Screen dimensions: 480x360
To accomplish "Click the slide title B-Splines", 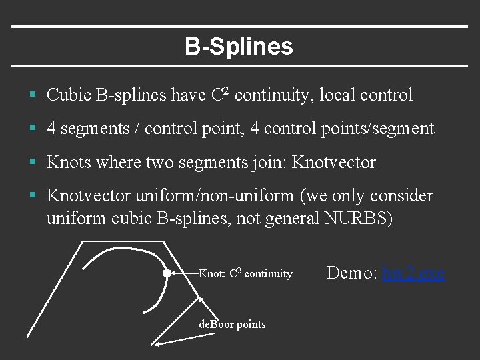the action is point(239,47).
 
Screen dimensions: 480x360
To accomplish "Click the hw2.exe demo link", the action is point(413,273).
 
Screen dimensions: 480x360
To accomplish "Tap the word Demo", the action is point(352,273).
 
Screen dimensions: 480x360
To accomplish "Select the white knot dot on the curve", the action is point(167,273).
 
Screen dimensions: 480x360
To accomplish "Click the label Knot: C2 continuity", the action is point(245,273).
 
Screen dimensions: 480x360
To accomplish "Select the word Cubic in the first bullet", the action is point(69,95).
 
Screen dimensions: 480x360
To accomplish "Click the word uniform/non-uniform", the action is point(214,196).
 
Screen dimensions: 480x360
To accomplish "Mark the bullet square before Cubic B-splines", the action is point(33,96).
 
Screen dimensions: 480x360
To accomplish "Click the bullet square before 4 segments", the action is point(33,129).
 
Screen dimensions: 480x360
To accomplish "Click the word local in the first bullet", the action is point(337,95).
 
